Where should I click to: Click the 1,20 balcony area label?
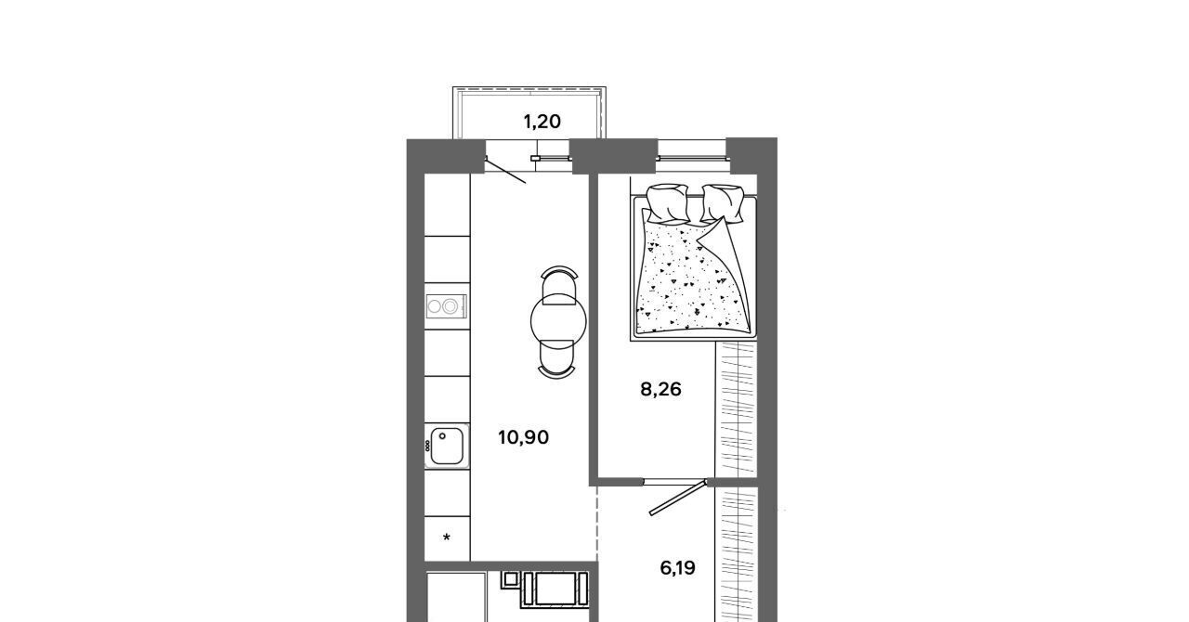click(542, 122)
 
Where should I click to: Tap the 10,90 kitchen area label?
click(523, 438)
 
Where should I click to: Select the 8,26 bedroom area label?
click(660, 390)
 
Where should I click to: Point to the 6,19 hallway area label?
click(678, 568)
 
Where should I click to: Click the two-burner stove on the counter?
click(447, 306)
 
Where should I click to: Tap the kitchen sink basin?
click(447, 447)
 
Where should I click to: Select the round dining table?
click(558, 320)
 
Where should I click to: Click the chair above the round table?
click(559, 284)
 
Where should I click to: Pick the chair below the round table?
click(556, 359)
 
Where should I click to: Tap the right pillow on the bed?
click(722, 204)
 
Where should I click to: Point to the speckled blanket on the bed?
click(693, 275)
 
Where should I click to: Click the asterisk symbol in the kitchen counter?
click(447, 538)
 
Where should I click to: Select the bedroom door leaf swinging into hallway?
click(678, 498)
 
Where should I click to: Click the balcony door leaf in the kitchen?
click(505, 170)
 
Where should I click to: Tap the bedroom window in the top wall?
click(692, 157)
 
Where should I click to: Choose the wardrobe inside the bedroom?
click(736, 409)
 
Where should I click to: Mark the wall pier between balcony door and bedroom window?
click(614, 156)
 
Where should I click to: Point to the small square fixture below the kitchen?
click(510, 579)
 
